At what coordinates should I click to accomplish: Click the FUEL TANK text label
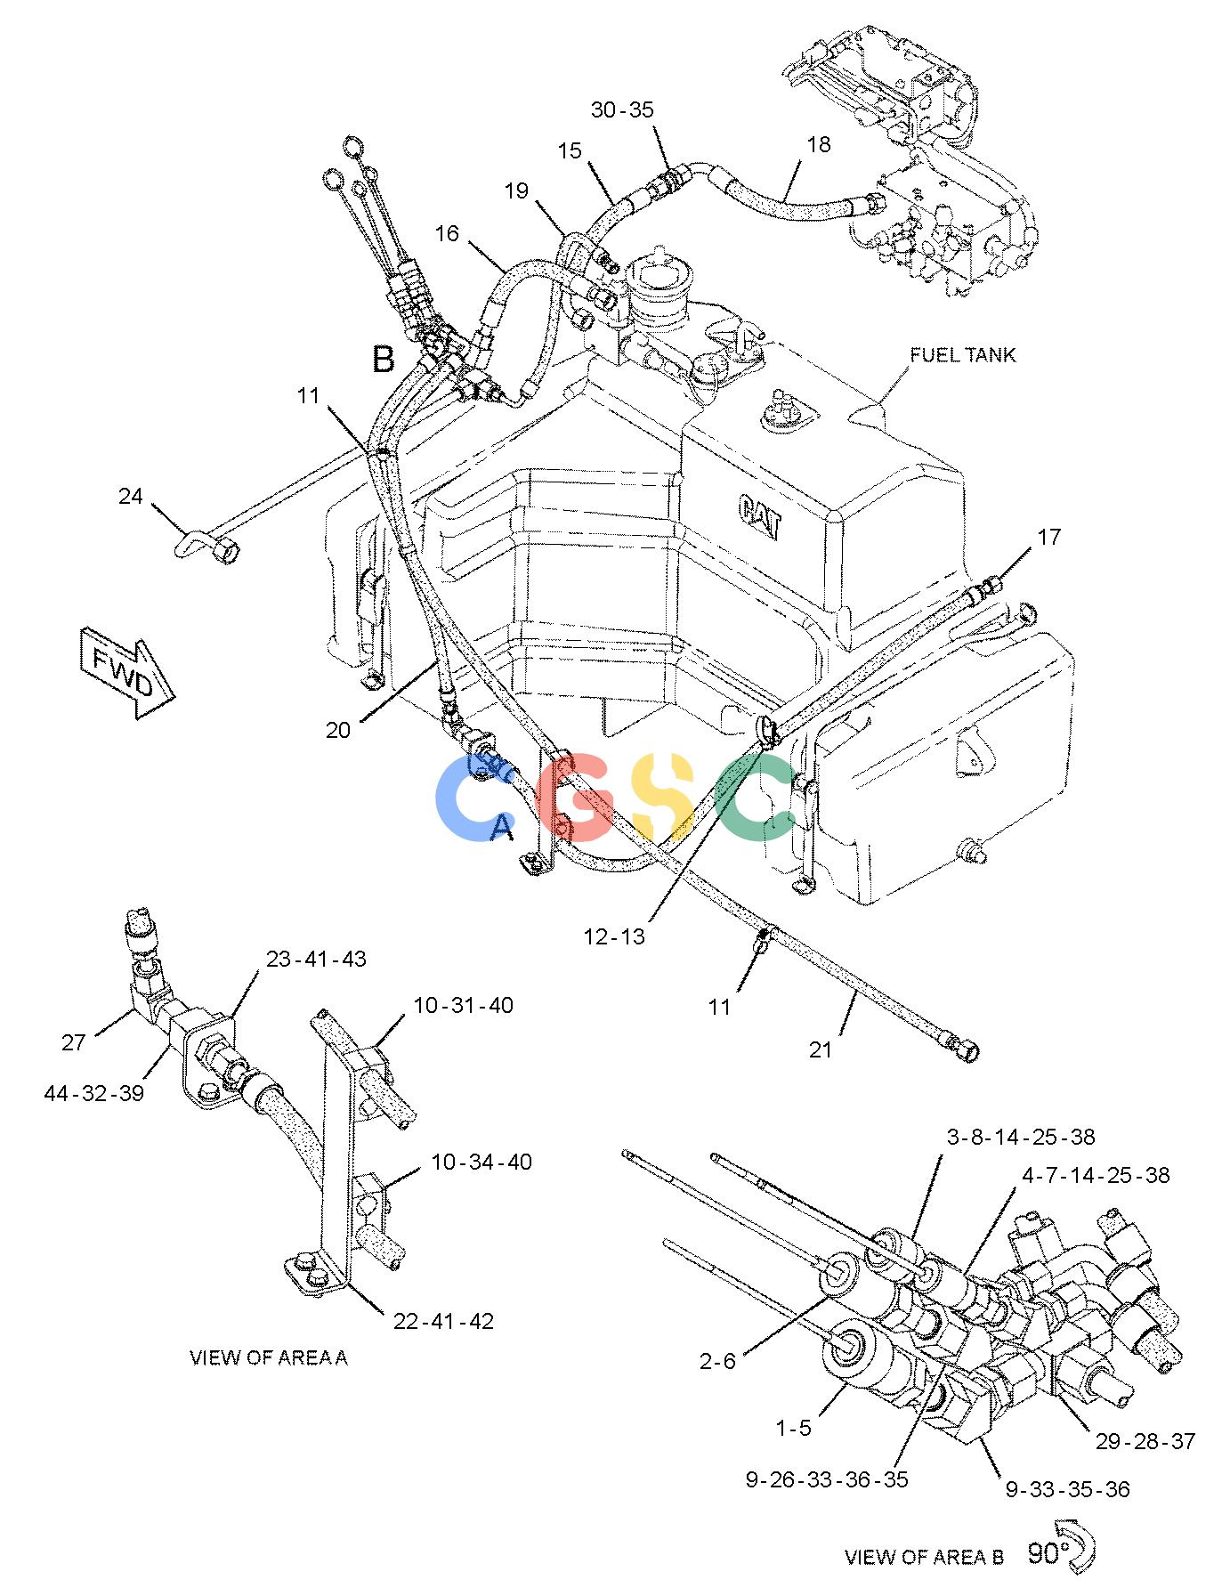point(962,355)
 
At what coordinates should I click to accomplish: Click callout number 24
point(131,495)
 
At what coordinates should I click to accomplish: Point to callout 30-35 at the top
point(622,110)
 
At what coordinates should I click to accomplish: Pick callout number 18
point(818,144)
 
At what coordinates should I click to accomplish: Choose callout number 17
point(1049,537)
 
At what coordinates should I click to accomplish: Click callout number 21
point(820,1049)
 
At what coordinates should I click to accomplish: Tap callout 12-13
point(614,936)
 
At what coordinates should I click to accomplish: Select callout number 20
point(338,730)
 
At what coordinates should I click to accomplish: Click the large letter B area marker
point(383,359)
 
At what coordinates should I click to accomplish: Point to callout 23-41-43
point(315,959)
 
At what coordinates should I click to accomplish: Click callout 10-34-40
point(481,1162)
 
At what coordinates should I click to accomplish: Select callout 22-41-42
point(443,1321)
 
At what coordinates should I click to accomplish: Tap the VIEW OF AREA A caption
point(269,1357)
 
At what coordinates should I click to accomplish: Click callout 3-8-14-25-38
point(1020,1137)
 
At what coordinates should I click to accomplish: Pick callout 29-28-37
point(1145,1441)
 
